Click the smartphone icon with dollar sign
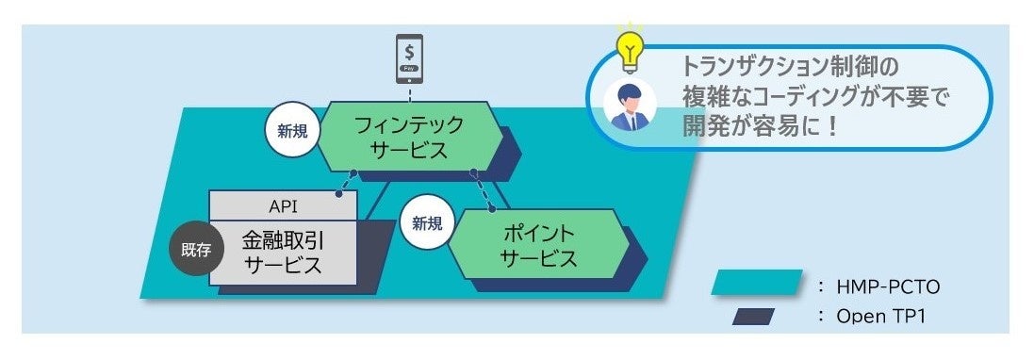pos(408,57)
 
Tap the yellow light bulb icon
pos(629,46)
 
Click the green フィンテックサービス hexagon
pos(407,138)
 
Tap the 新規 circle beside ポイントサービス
pos(425,223)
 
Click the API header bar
pos(283,204)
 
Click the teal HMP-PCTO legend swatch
pos(757,283)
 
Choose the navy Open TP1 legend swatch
pos(753,316)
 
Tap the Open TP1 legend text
pos(880,317)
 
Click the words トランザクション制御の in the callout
pos(791,67)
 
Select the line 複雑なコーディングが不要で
pos(815,96)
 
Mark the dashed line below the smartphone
pos(408,90)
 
